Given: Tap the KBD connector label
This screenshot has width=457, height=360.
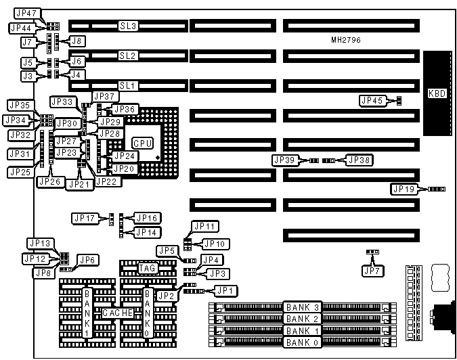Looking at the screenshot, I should point(437,93).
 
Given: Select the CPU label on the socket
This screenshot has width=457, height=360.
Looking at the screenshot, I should point(142,143).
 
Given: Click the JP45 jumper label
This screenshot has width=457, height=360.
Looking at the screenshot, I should point(373,101).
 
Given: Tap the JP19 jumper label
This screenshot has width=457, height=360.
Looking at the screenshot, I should point(404,189).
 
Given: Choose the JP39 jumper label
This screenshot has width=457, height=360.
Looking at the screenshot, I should point(285,160).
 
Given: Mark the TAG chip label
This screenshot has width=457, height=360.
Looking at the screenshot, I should point(148,269).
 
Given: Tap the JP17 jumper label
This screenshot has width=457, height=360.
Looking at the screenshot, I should point(85,218).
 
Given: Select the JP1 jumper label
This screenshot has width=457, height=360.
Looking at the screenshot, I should point(225,291).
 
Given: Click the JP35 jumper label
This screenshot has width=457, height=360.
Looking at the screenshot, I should point(18,106).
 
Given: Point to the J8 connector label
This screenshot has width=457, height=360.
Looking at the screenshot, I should point(77,41).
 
